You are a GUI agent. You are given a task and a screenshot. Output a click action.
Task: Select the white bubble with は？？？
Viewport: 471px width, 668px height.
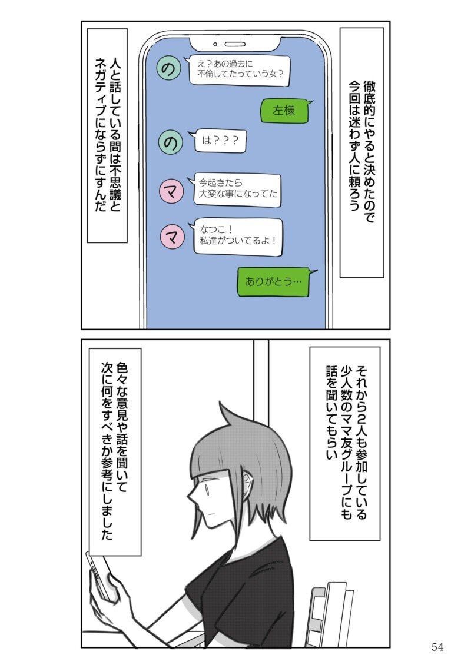(x=219, y=141)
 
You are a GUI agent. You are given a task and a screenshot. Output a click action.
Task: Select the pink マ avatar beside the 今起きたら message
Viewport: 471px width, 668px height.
(x=171, y=191)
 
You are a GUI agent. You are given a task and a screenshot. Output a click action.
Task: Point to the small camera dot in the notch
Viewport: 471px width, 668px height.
(x=215, y=44)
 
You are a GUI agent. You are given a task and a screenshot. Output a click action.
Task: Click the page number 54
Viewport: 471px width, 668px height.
(x=437, y=647)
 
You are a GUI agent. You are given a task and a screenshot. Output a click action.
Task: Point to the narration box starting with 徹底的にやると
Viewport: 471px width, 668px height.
(x=362, y=152)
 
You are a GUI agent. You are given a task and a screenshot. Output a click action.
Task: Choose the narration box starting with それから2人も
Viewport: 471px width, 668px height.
(x=344, y=443)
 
